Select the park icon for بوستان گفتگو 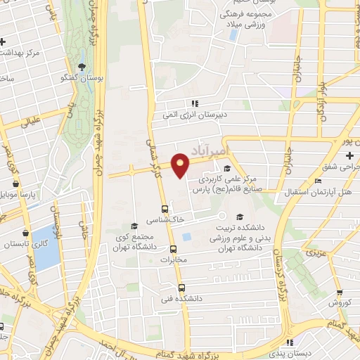tap(82, 67)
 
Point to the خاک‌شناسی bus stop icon tap(165, 209)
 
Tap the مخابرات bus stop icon tap(173, 249)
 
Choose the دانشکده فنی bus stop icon tap(181, 288)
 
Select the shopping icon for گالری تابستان tap(26, 233)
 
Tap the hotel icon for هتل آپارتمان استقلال tap(319, 181)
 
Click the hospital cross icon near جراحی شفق tap(349, 154)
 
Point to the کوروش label tap(339, 304)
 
